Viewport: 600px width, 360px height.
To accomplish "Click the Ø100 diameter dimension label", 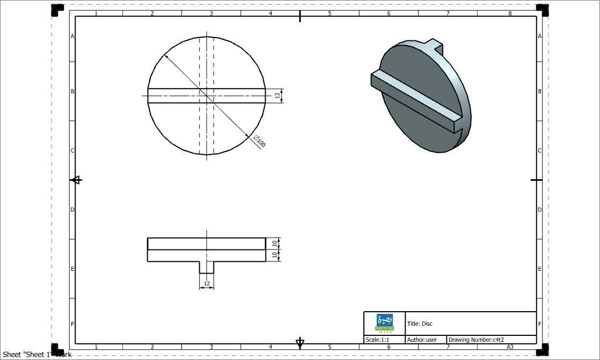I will point(260,142).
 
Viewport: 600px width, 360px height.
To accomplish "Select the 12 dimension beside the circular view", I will point(277,95).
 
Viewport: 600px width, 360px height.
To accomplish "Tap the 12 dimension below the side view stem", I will point(207,283).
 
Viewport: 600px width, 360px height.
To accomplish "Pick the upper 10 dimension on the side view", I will point(274,244).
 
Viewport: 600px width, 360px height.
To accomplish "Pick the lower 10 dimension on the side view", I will point(274,255).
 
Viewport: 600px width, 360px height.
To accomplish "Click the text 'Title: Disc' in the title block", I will point(420,324).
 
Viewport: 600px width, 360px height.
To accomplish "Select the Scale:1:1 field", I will point(377,340).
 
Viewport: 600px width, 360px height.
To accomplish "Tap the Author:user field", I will point(422,340).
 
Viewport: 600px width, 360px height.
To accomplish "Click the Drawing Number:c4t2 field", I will point(476,340).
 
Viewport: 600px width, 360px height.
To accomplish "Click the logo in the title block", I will point(384,323).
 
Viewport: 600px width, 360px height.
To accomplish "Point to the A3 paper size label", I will point(510,347).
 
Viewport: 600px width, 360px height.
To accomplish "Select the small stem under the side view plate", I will point(207,267).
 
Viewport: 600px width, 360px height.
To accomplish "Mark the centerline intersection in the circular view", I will point(207,96).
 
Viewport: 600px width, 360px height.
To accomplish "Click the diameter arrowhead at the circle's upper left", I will point(167,57).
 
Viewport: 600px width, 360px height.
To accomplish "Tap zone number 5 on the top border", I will point(330,13).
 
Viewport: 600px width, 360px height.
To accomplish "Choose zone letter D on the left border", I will point(72,210).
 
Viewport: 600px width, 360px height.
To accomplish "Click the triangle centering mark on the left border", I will point(76,180).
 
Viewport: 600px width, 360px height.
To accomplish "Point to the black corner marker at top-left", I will point(57,10).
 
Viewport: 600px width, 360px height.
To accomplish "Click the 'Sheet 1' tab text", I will point(36,354).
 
